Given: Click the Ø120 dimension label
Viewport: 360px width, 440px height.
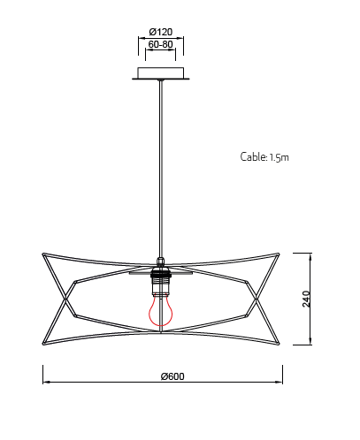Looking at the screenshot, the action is pos(161,32).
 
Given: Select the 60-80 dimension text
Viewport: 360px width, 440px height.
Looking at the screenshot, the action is pos(160,44).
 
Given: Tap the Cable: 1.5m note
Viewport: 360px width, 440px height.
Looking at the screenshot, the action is pos(264,156).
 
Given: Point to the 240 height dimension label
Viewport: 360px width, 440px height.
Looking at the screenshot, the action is pos(307,299).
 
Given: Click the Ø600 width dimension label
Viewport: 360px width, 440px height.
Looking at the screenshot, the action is pos(172,376).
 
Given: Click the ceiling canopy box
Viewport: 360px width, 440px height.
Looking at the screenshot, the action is pos(161,73).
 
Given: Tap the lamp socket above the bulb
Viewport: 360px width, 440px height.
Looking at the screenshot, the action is pos(161,281).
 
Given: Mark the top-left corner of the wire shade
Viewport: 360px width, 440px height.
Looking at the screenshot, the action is pos(43,254).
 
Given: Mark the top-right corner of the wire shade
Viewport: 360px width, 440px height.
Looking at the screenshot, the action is pos(278,254).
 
